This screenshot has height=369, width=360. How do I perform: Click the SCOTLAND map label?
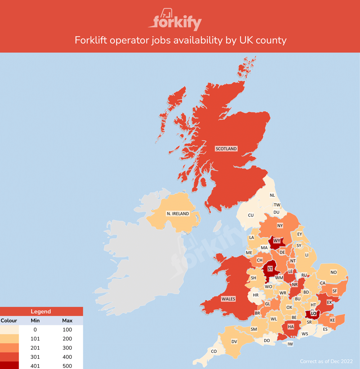tap(226, 149)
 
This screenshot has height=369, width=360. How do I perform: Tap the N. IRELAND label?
tap(177, 214)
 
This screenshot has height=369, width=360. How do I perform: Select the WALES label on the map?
tap(228, 299)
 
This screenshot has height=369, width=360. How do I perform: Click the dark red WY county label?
tap(277, 241)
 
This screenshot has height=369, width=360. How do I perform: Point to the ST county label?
tap(270, 268)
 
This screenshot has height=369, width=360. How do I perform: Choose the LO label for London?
tap(313, 314)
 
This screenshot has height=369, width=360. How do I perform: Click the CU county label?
tap(251, 215)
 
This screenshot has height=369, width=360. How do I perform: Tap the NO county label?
tap(333, 272)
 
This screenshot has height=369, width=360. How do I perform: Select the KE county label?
tap(333, 320)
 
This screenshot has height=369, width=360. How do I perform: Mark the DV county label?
tap(234, 341)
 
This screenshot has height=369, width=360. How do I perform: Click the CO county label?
tap(214, 351)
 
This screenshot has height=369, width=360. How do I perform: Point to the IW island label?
tap(290, 344)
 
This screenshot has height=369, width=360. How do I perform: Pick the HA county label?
tap(291, 327)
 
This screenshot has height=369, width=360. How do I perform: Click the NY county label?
tap(280, 225)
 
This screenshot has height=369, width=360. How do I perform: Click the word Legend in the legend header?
tap(41, 311)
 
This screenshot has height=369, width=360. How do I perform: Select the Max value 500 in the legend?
tap(67, 366)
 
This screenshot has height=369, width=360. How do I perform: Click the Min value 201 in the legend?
tap(35, 348)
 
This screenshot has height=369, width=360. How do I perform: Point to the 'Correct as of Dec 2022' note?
tap(326, 361)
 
